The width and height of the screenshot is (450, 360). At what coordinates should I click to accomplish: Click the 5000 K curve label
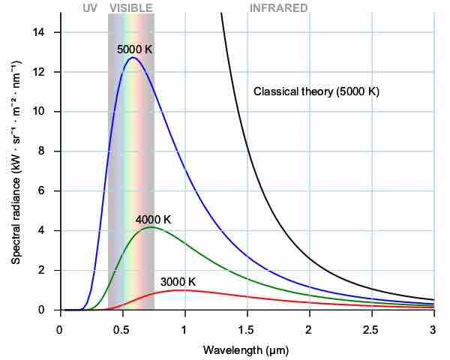point(135,49)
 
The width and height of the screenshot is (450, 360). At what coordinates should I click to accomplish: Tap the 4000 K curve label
point(153,220)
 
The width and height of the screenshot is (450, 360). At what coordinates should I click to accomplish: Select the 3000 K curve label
point(178,282)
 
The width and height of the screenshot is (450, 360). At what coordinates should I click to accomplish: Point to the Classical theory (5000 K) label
point(316,91)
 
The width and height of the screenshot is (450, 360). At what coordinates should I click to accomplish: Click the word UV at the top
point(90,8)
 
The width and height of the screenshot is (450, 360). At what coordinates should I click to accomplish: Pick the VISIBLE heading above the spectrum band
point(131,8)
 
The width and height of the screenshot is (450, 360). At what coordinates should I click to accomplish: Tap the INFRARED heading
point(278,8)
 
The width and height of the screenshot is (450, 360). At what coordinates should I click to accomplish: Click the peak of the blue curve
point(133,58)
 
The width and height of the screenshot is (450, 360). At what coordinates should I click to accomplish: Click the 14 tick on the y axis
point(46,32)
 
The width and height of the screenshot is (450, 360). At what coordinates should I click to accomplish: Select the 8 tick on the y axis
point(49,151)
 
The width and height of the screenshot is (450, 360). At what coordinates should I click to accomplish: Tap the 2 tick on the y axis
point(49,270)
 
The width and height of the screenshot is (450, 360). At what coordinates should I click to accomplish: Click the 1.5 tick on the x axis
point(247,328)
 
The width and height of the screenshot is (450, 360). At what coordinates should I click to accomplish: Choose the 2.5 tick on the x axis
point(371,328)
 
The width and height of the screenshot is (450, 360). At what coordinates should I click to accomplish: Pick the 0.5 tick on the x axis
point(122,328)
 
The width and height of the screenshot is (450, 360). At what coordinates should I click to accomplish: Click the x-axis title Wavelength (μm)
point(246,350)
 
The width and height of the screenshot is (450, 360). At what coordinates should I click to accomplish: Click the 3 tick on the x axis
point(433,328)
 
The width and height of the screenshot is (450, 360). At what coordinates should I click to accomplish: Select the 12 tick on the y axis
point(46,72)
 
